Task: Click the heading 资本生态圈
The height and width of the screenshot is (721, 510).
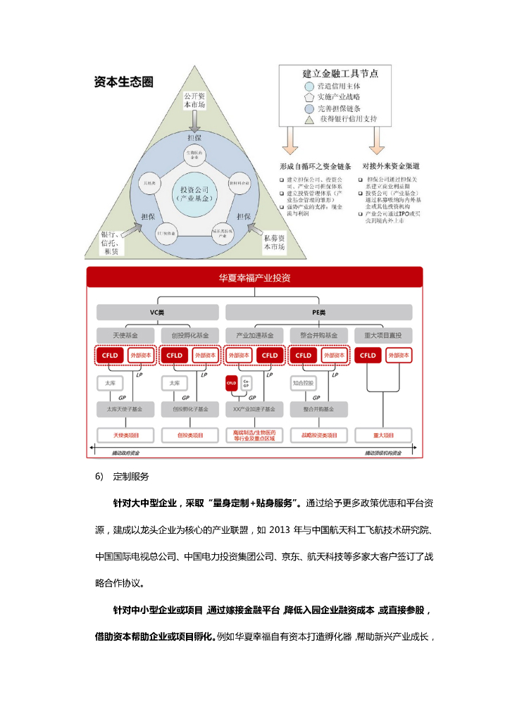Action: (124, 82)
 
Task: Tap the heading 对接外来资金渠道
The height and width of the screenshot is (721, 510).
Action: (391, 166)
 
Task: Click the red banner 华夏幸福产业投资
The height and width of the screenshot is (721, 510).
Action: (254, 278)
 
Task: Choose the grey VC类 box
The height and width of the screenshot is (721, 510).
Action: (157, 311)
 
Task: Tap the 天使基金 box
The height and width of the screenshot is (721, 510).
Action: (125, 334)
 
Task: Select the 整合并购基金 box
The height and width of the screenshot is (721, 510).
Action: (319, 334)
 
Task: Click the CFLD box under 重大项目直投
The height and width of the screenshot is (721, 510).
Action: (368, 356)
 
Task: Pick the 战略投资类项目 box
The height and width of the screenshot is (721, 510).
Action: (319, 435)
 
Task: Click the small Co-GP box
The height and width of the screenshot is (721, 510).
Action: (246, 384)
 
